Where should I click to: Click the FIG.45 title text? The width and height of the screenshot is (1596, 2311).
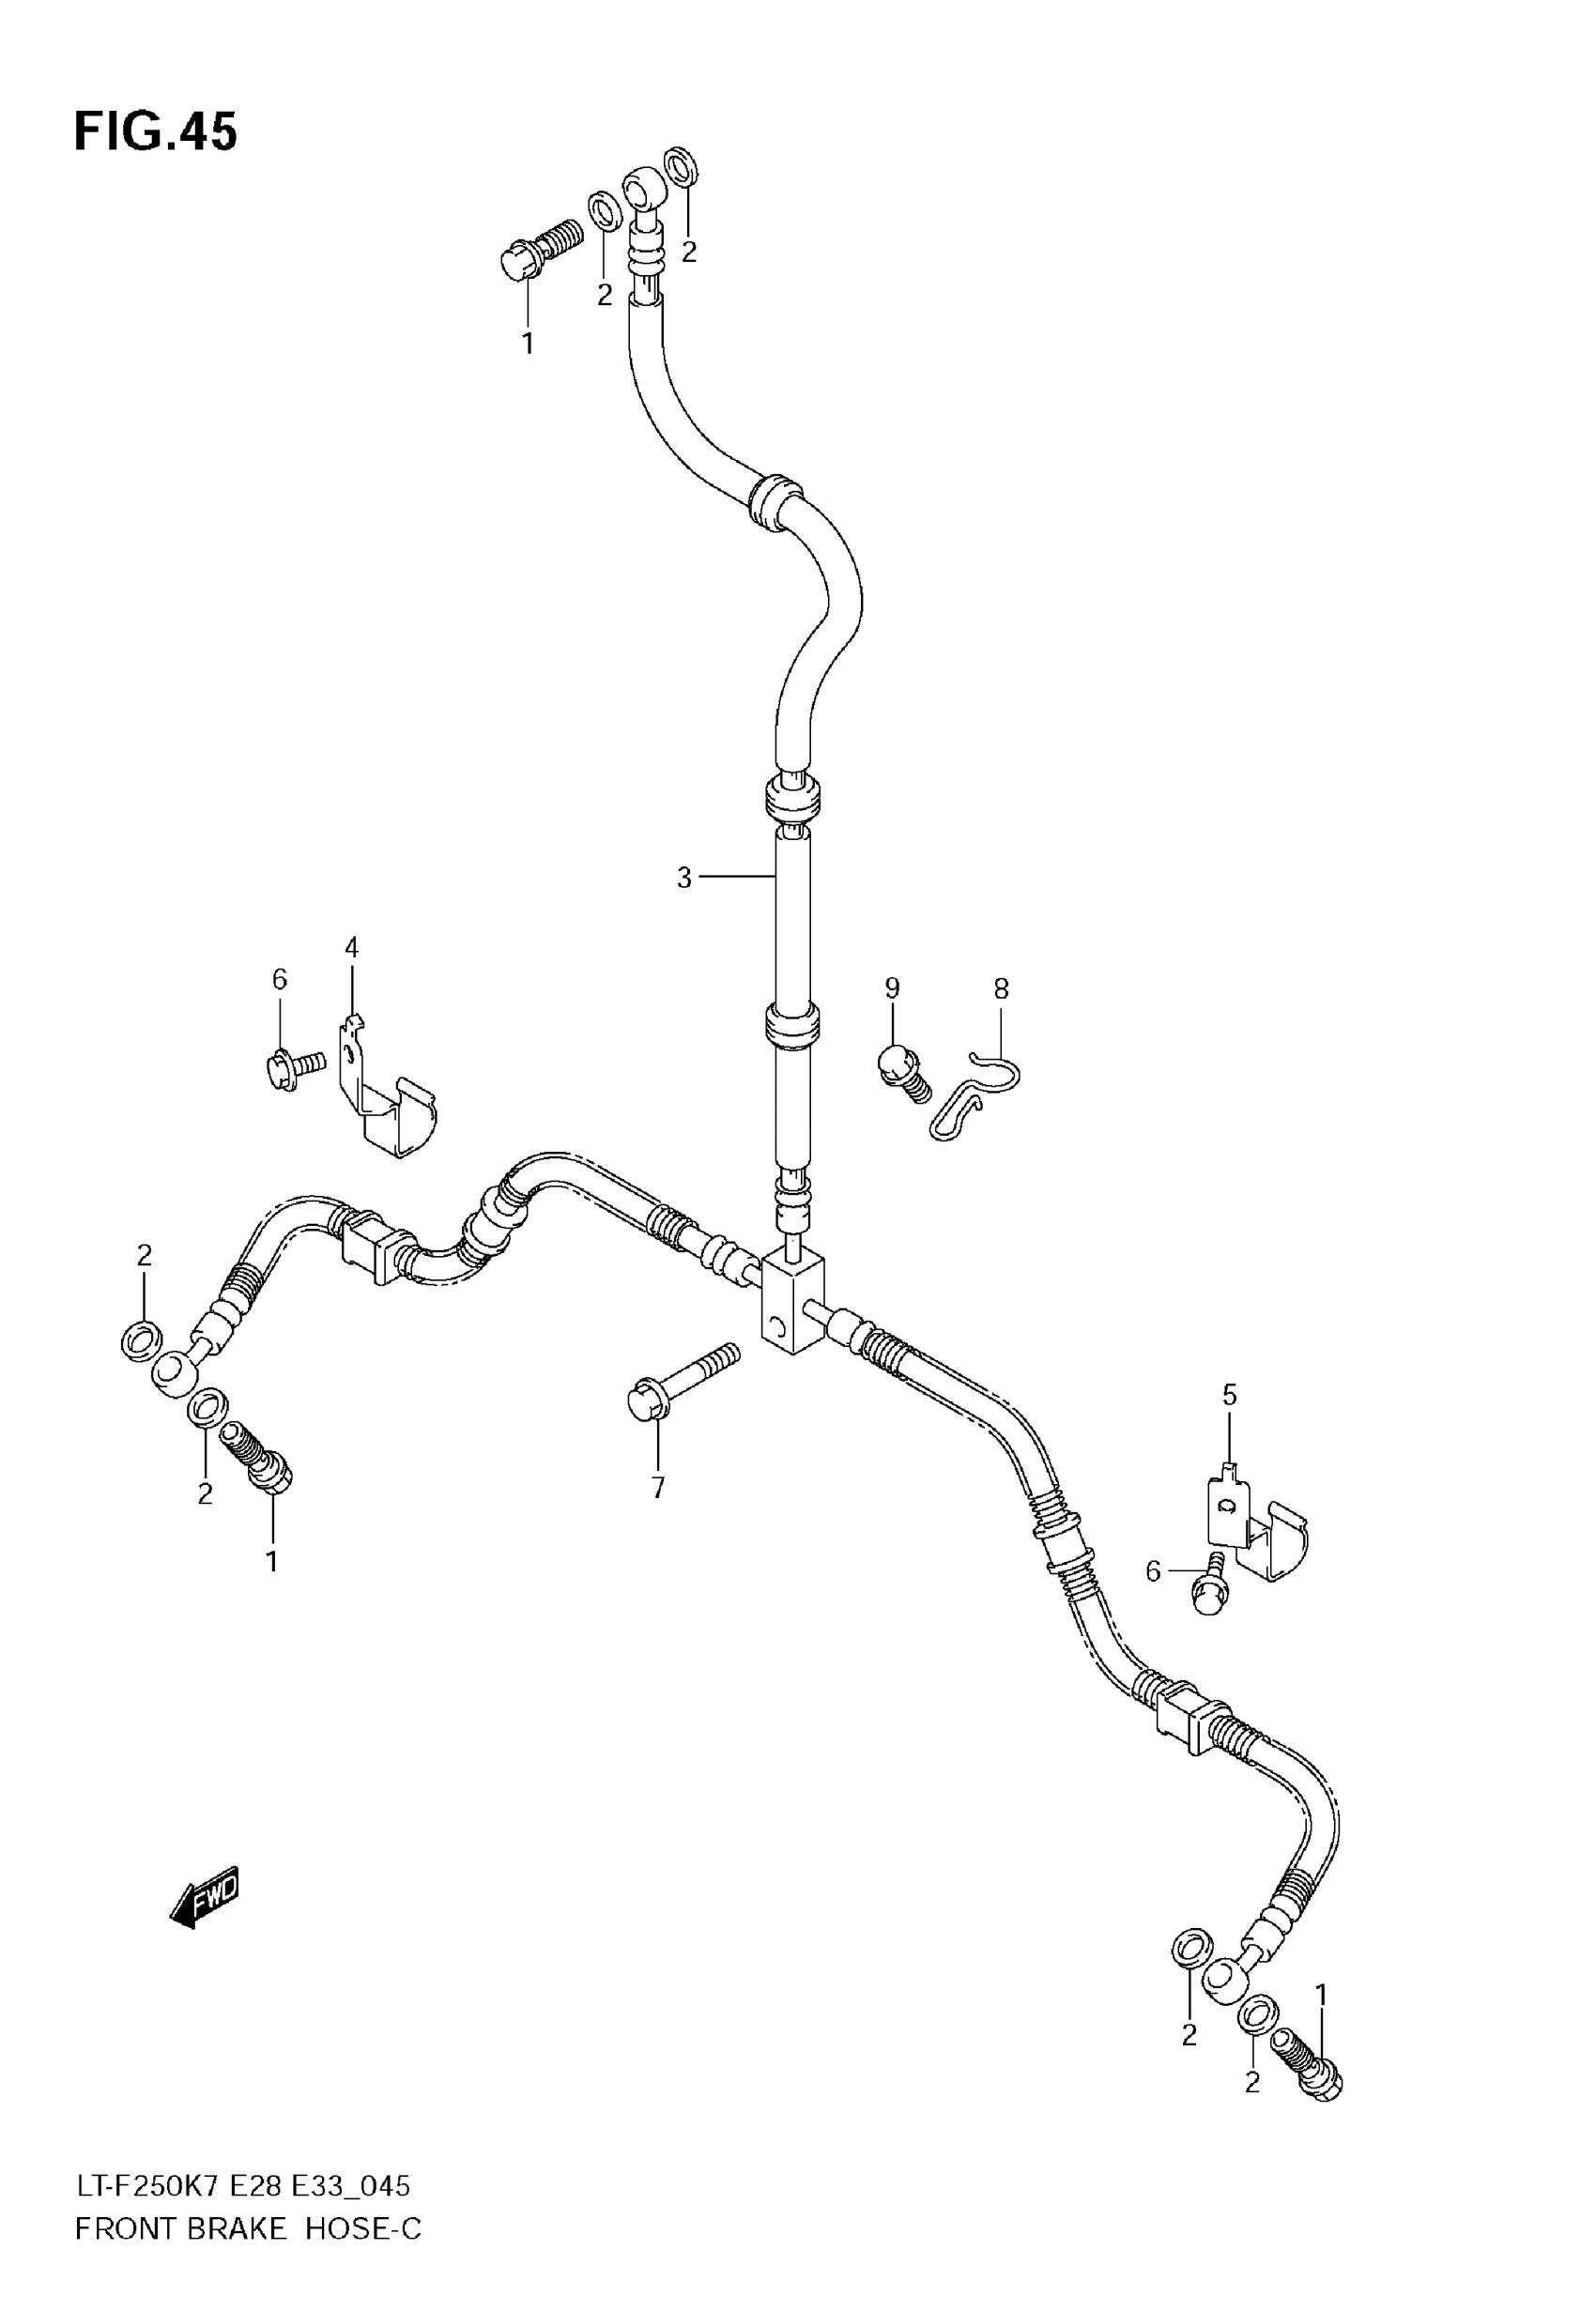point(156,132)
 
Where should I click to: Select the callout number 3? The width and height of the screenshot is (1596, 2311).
point(684,878)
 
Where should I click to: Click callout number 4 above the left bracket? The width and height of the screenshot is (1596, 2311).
point(351,946)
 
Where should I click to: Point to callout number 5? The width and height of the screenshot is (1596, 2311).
point(1229,1395)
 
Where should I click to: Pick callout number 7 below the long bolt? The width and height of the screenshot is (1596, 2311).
point(658,1489)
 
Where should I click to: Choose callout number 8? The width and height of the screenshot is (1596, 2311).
point(1001,988)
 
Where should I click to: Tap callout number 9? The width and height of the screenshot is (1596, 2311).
point(892,987)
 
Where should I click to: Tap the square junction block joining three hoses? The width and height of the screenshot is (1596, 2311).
point(794,1299)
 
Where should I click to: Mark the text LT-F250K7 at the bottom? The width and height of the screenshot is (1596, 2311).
point(147,2187)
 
